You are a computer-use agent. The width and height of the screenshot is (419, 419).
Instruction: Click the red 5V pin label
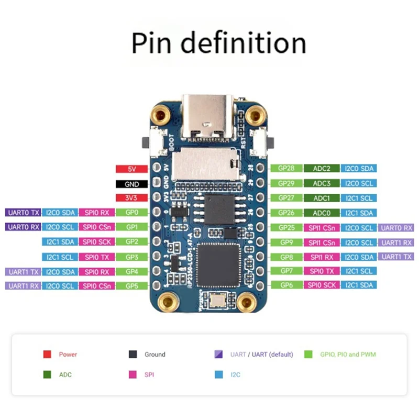[x=131, y=169]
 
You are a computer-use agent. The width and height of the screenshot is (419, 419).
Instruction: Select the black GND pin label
[x=131, y=184]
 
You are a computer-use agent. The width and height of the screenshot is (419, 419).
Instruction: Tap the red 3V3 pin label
[x=131, y=199]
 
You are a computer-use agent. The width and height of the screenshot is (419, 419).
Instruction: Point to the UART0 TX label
[x=22, y=213]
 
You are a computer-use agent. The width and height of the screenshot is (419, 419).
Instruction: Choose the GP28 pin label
[x=286, y=169]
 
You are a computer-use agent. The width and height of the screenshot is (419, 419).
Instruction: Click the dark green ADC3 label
[x=322, y=183]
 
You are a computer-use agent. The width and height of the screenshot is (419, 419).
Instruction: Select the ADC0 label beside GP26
[x=322, y=213]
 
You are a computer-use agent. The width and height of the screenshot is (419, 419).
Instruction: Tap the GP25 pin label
[x=286, y=228]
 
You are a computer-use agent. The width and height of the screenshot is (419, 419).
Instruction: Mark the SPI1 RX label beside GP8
[x=322, y=257]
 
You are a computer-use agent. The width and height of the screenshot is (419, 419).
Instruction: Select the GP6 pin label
[x=286, y=285]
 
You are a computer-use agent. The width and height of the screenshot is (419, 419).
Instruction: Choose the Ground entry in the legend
[x=148, y=355]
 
